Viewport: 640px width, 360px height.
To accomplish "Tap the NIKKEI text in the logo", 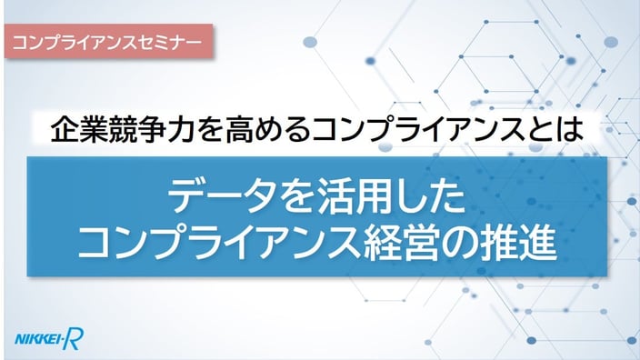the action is point(38,339).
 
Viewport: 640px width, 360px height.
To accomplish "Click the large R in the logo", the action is point(74,339).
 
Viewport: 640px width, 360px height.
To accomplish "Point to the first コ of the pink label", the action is point(20,42).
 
